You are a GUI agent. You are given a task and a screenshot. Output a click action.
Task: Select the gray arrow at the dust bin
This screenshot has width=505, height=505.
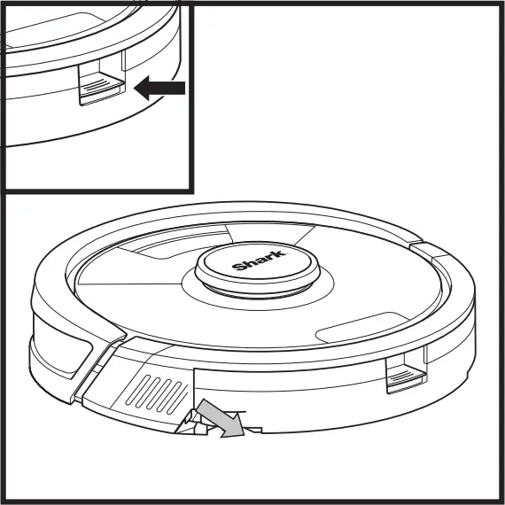point(219,418)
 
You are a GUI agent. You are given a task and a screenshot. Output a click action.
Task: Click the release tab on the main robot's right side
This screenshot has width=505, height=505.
point(406,376)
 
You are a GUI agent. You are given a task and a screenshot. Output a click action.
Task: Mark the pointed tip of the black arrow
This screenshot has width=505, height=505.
point(136,87)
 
